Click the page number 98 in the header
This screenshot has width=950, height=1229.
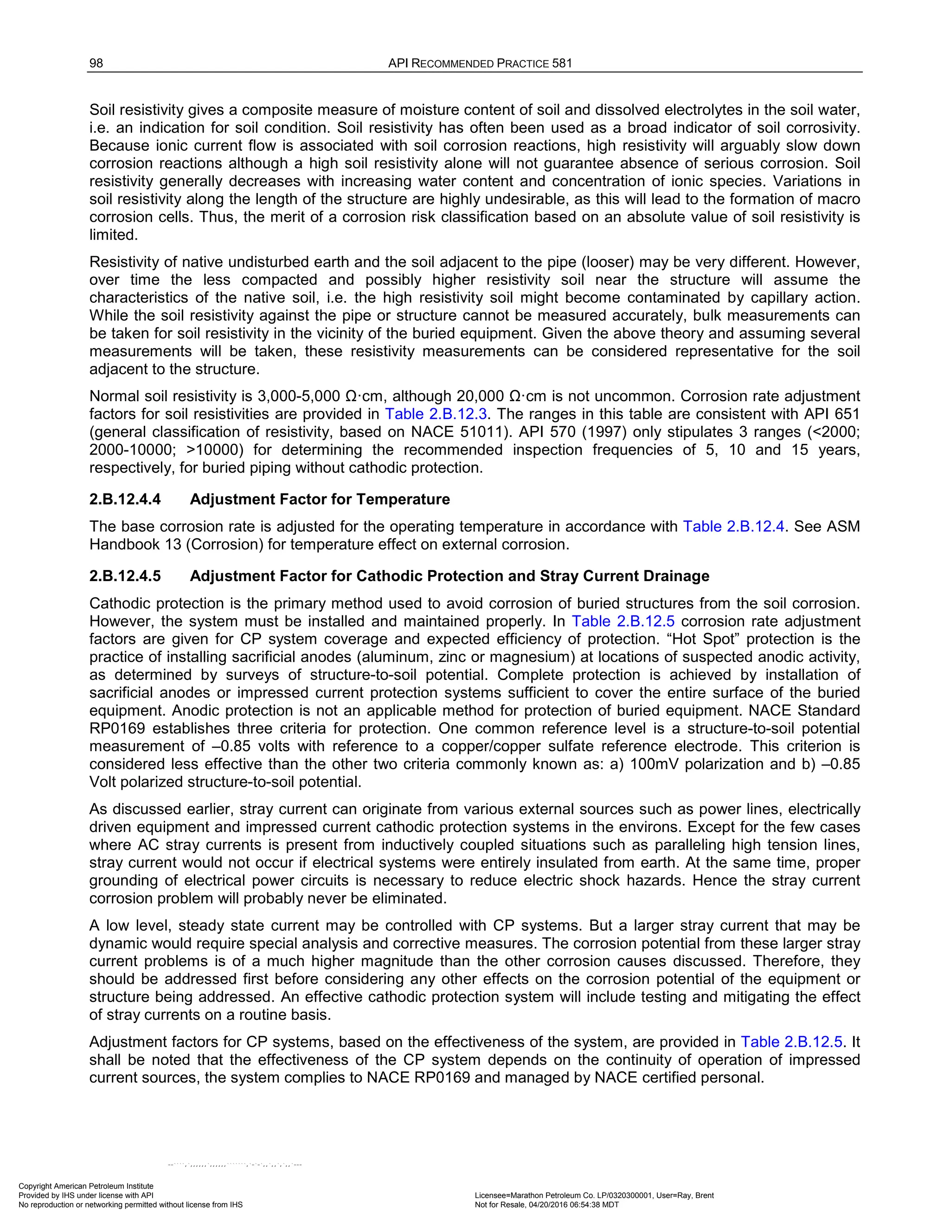coord(96,63)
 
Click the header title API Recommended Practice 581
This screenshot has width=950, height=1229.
coord(480,63)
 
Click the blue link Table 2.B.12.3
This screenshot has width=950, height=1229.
coord(436,414)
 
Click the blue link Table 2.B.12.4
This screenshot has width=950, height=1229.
coord(733,527)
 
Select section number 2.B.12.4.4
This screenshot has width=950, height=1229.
coord(125,499)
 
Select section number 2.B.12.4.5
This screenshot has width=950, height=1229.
coord(125,576)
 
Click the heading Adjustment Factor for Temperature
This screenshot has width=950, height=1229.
coord(320,499)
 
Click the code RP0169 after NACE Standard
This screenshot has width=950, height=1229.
coord(117,729)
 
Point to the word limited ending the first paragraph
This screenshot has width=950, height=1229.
coord(113,235)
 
